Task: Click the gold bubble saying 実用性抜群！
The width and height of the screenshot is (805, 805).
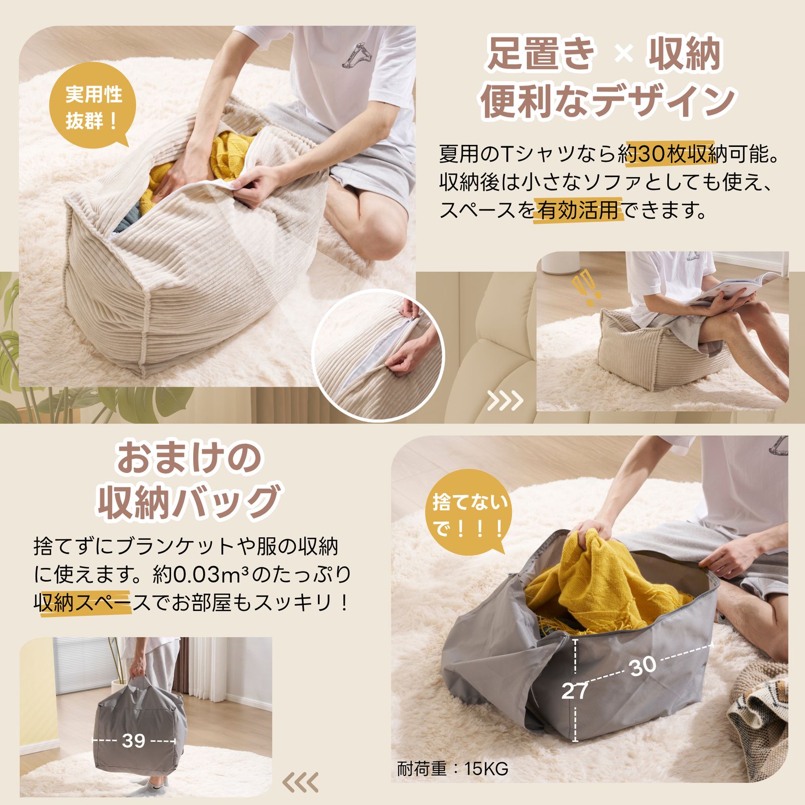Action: click(93, 107)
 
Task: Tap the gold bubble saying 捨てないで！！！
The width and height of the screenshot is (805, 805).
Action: click(469, 514)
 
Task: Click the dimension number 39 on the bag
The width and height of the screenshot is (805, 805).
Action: click(134, 741)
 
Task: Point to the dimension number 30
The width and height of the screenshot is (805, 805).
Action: click(643, 667)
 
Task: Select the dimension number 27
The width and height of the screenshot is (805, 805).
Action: click(574, 691)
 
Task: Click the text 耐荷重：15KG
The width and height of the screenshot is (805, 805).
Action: click(452, 769)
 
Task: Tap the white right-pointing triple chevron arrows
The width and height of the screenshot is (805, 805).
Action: click(505, 401)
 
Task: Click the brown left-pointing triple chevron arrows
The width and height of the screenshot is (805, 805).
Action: click(300, 782)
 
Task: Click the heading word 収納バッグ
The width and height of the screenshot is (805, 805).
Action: click(189, 502)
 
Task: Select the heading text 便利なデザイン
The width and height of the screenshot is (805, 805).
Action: click(607, 102)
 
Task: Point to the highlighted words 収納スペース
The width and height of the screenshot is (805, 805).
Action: click(83, 603)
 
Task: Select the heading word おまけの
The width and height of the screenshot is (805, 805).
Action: click(189, 458)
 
